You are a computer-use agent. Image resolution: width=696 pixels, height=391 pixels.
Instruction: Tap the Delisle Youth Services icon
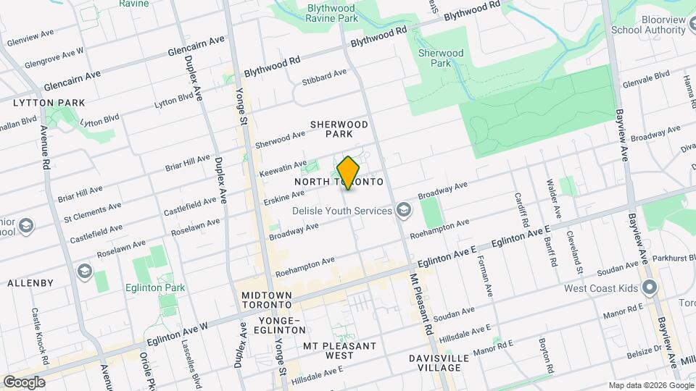point(404,211)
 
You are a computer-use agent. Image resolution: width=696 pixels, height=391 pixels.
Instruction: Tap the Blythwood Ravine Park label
point(323,12)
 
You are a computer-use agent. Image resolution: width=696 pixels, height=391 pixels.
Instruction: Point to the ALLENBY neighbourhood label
point(30,282)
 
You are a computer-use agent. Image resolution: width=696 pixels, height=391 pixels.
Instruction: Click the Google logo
point(24,382)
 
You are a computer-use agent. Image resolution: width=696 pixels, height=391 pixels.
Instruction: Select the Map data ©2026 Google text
point(650,384)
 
